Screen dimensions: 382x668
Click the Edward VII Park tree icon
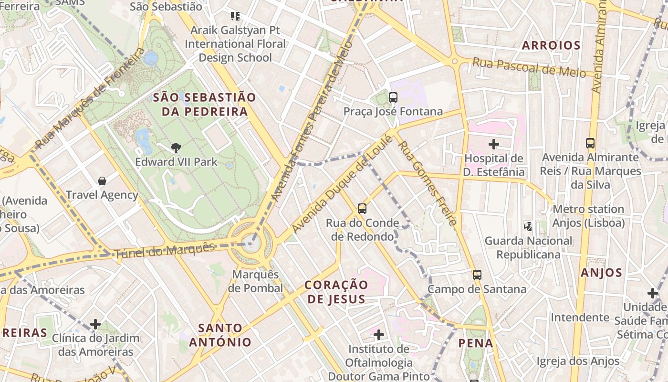[176, 148]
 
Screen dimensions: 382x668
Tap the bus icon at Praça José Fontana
[393, 97]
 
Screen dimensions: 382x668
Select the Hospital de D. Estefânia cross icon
[494, 144]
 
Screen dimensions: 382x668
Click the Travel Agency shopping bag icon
[102, 181]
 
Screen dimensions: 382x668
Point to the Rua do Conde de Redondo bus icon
[362, 209]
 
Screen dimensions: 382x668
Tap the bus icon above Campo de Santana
[477, 275]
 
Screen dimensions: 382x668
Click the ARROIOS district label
[551, 45]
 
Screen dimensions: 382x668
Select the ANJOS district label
[601, 273]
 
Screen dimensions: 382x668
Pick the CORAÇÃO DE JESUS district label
[336, 292]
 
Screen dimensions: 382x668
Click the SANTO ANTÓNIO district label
[220, 335]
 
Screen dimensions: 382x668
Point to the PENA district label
[476, 342]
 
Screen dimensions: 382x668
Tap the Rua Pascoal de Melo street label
[529, 67]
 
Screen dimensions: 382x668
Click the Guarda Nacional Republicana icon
[528, 226]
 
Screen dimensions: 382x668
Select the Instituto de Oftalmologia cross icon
[379, 335]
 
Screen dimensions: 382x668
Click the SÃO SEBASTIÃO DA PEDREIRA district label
[204, 105]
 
